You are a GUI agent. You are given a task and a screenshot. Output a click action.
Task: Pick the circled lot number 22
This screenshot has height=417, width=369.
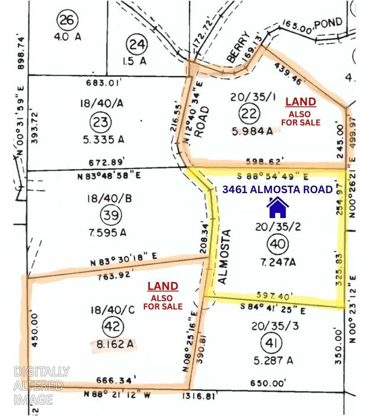[x=249, y=113]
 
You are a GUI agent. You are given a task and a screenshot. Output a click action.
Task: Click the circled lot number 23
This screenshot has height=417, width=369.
[x=101, y=122]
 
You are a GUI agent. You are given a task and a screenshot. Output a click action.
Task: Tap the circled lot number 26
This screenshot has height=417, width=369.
[x=66, y=20]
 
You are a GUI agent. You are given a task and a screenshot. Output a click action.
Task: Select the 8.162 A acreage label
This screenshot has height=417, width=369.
[x=113, y=345]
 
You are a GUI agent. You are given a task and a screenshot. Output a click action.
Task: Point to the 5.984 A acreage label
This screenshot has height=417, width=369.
[x=255, y=131]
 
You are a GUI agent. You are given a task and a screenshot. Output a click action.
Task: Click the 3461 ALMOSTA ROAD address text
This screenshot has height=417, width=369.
[x=278, y=189]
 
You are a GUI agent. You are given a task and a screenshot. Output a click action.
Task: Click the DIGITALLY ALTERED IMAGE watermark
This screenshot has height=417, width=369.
[x=40, y=385]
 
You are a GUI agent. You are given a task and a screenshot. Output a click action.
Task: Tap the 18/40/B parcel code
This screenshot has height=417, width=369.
[x=109, y=199]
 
